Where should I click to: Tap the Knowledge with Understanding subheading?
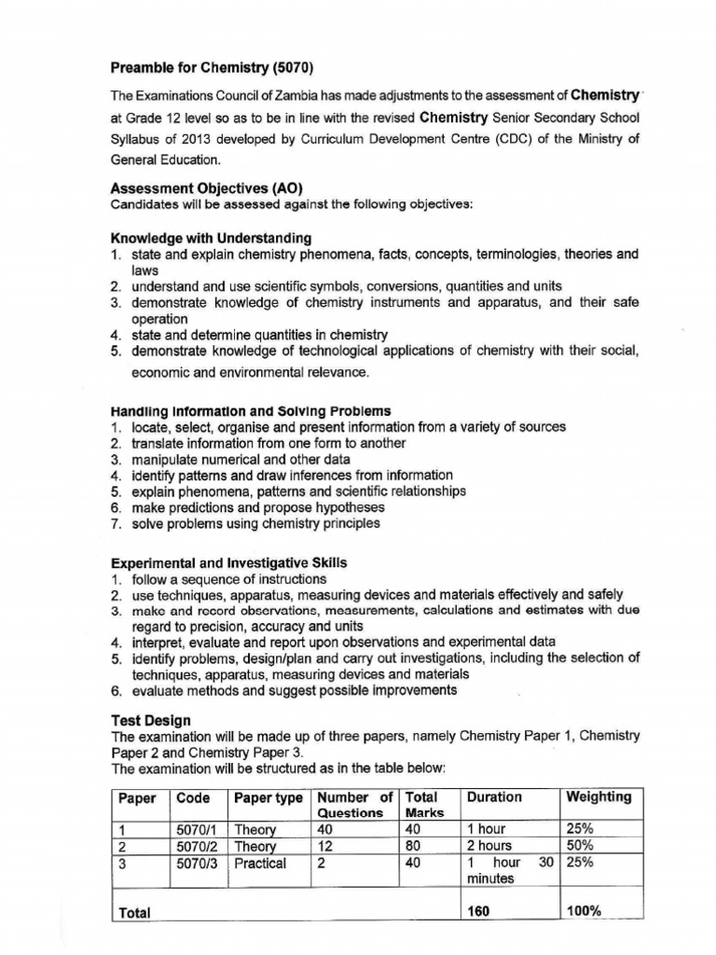click(211, 238)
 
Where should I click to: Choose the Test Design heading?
click(151, 720)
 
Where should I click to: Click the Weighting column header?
click(599, 796)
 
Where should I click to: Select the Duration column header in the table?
click(494, 796)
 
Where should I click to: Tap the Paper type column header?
click(268, 796)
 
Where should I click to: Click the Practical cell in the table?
click(260, 863)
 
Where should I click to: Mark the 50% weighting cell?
click(581, 846)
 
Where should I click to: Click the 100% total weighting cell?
click(584, 911)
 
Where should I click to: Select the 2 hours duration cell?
click(489, 846)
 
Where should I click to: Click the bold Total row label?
click(136, 912)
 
